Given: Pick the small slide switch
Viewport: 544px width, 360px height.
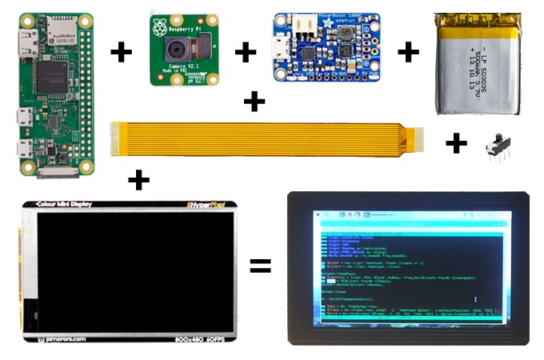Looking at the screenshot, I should pyautogui.click(x=500, y=149).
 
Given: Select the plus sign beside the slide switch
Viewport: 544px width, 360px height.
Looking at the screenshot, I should pyautogui.click(x=456, y=143).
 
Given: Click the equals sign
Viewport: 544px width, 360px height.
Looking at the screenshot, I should pyautogui.click(x=260, y=265).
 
